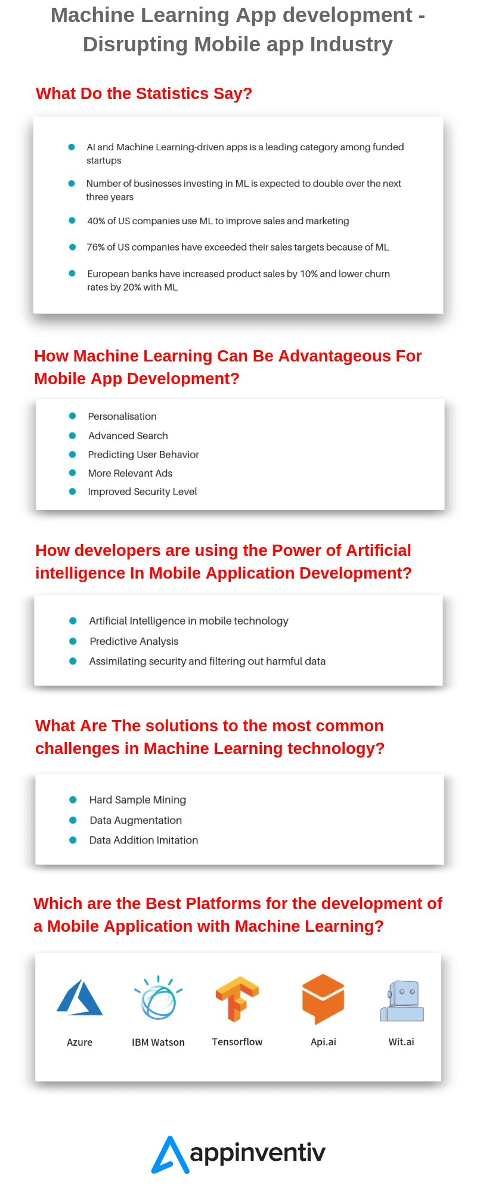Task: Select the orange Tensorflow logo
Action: (237, 999)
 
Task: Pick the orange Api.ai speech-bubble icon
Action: (323, 999)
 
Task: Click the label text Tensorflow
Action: (237, 1041)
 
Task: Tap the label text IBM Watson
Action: (158, 1042)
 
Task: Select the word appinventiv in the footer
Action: (258, 1153)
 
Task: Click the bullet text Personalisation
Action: (122, 416)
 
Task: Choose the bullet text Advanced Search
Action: (128, 435)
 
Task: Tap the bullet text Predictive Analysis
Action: (134, 641)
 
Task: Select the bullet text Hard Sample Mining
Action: (138, 800)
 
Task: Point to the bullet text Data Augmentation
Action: (136, 820)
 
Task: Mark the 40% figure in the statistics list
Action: (96, 221)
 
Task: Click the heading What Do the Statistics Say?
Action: (144, 94)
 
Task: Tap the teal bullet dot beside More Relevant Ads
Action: (72, 473)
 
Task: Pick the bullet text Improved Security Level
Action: (143, 492)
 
